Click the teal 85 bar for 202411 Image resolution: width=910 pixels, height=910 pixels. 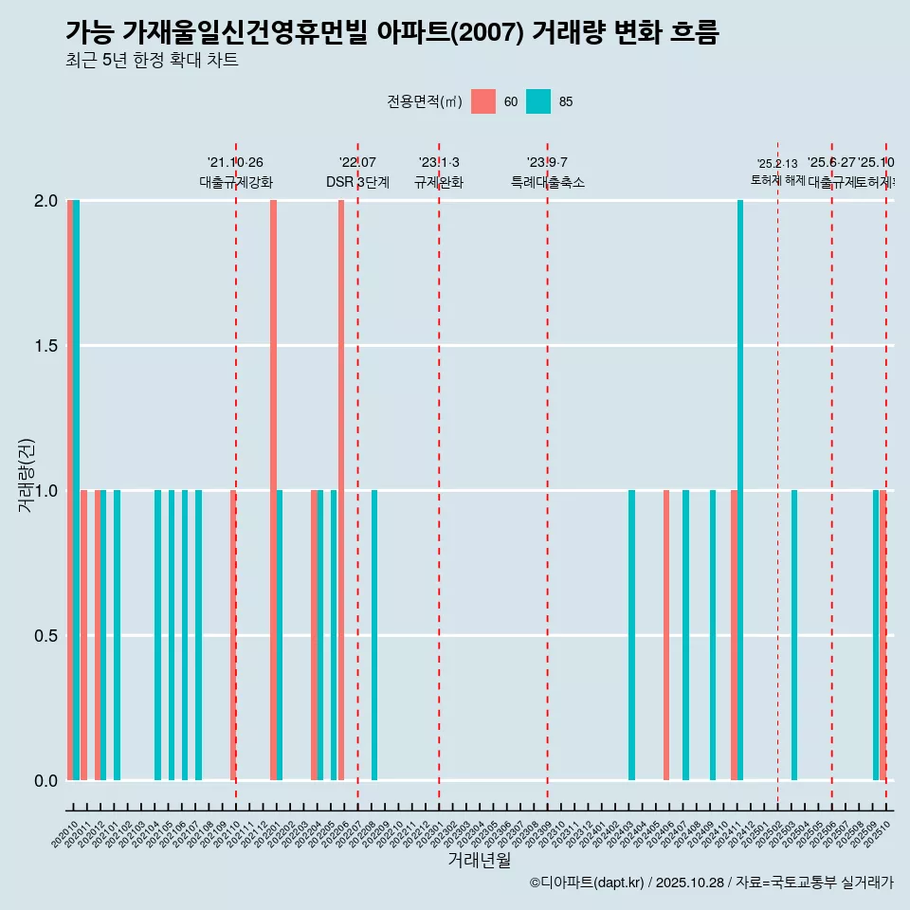(740, 490)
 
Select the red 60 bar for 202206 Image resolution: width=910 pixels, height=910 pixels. (341, 490)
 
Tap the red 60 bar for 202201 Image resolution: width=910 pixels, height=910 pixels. (273, 490)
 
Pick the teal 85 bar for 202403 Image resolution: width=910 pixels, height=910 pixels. (631, 635)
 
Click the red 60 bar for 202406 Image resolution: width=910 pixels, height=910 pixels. (666, 635)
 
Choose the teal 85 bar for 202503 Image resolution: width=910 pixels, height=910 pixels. (794, 635)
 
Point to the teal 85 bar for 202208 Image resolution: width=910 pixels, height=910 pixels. (374, 635)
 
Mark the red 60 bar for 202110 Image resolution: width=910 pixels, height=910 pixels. (233, 635)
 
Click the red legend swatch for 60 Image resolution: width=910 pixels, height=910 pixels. (483, 101)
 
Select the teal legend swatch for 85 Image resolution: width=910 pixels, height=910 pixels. (538, 101)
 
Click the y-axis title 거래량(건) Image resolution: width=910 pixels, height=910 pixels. (26, 475)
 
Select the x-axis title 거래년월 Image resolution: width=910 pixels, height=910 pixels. (479, 860)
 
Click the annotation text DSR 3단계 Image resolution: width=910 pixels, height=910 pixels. (357, 182)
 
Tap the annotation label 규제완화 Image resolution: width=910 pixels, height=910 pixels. (439, 182)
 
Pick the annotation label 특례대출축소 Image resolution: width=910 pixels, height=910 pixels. (547, 182)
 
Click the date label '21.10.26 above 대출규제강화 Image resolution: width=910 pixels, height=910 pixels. (235, 162)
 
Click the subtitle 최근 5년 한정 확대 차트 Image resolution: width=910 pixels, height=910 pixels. (152, 61)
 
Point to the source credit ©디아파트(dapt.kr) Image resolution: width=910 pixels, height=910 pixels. (587, 883)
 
